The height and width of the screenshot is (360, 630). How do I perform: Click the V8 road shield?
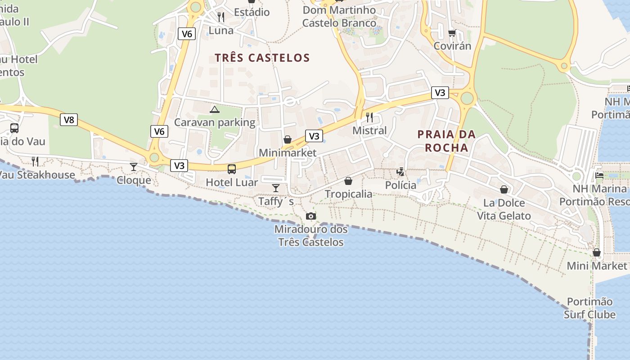68,120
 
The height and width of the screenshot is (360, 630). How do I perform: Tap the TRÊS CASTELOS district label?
262,58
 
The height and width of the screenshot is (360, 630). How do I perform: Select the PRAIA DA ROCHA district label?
446,141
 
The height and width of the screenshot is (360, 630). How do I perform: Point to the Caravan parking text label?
215,122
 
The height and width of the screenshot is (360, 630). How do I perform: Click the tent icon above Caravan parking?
215,109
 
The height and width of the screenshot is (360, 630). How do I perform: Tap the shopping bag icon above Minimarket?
288,139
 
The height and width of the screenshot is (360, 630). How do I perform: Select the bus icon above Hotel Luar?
232,169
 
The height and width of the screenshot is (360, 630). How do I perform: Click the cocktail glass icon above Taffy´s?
276,188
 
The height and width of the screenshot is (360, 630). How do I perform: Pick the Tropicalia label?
348,194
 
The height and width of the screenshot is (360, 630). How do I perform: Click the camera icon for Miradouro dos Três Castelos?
310,216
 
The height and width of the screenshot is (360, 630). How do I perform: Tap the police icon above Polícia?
400,171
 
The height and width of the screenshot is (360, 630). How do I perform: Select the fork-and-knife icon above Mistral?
369,117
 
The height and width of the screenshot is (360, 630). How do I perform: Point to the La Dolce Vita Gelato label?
504,209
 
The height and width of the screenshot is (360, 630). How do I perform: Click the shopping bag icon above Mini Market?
597,252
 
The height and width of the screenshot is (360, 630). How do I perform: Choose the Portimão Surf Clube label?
589,308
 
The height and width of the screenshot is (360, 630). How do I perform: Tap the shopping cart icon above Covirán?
452,33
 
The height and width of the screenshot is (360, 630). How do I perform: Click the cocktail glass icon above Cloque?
134,167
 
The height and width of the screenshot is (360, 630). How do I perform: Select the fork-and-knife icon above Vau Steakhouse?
35,161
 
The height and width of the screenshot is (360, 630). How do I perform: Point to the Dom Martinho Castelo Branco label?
339,17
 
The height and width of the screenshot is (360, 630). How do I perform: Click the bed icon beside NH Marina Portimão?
599,175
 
